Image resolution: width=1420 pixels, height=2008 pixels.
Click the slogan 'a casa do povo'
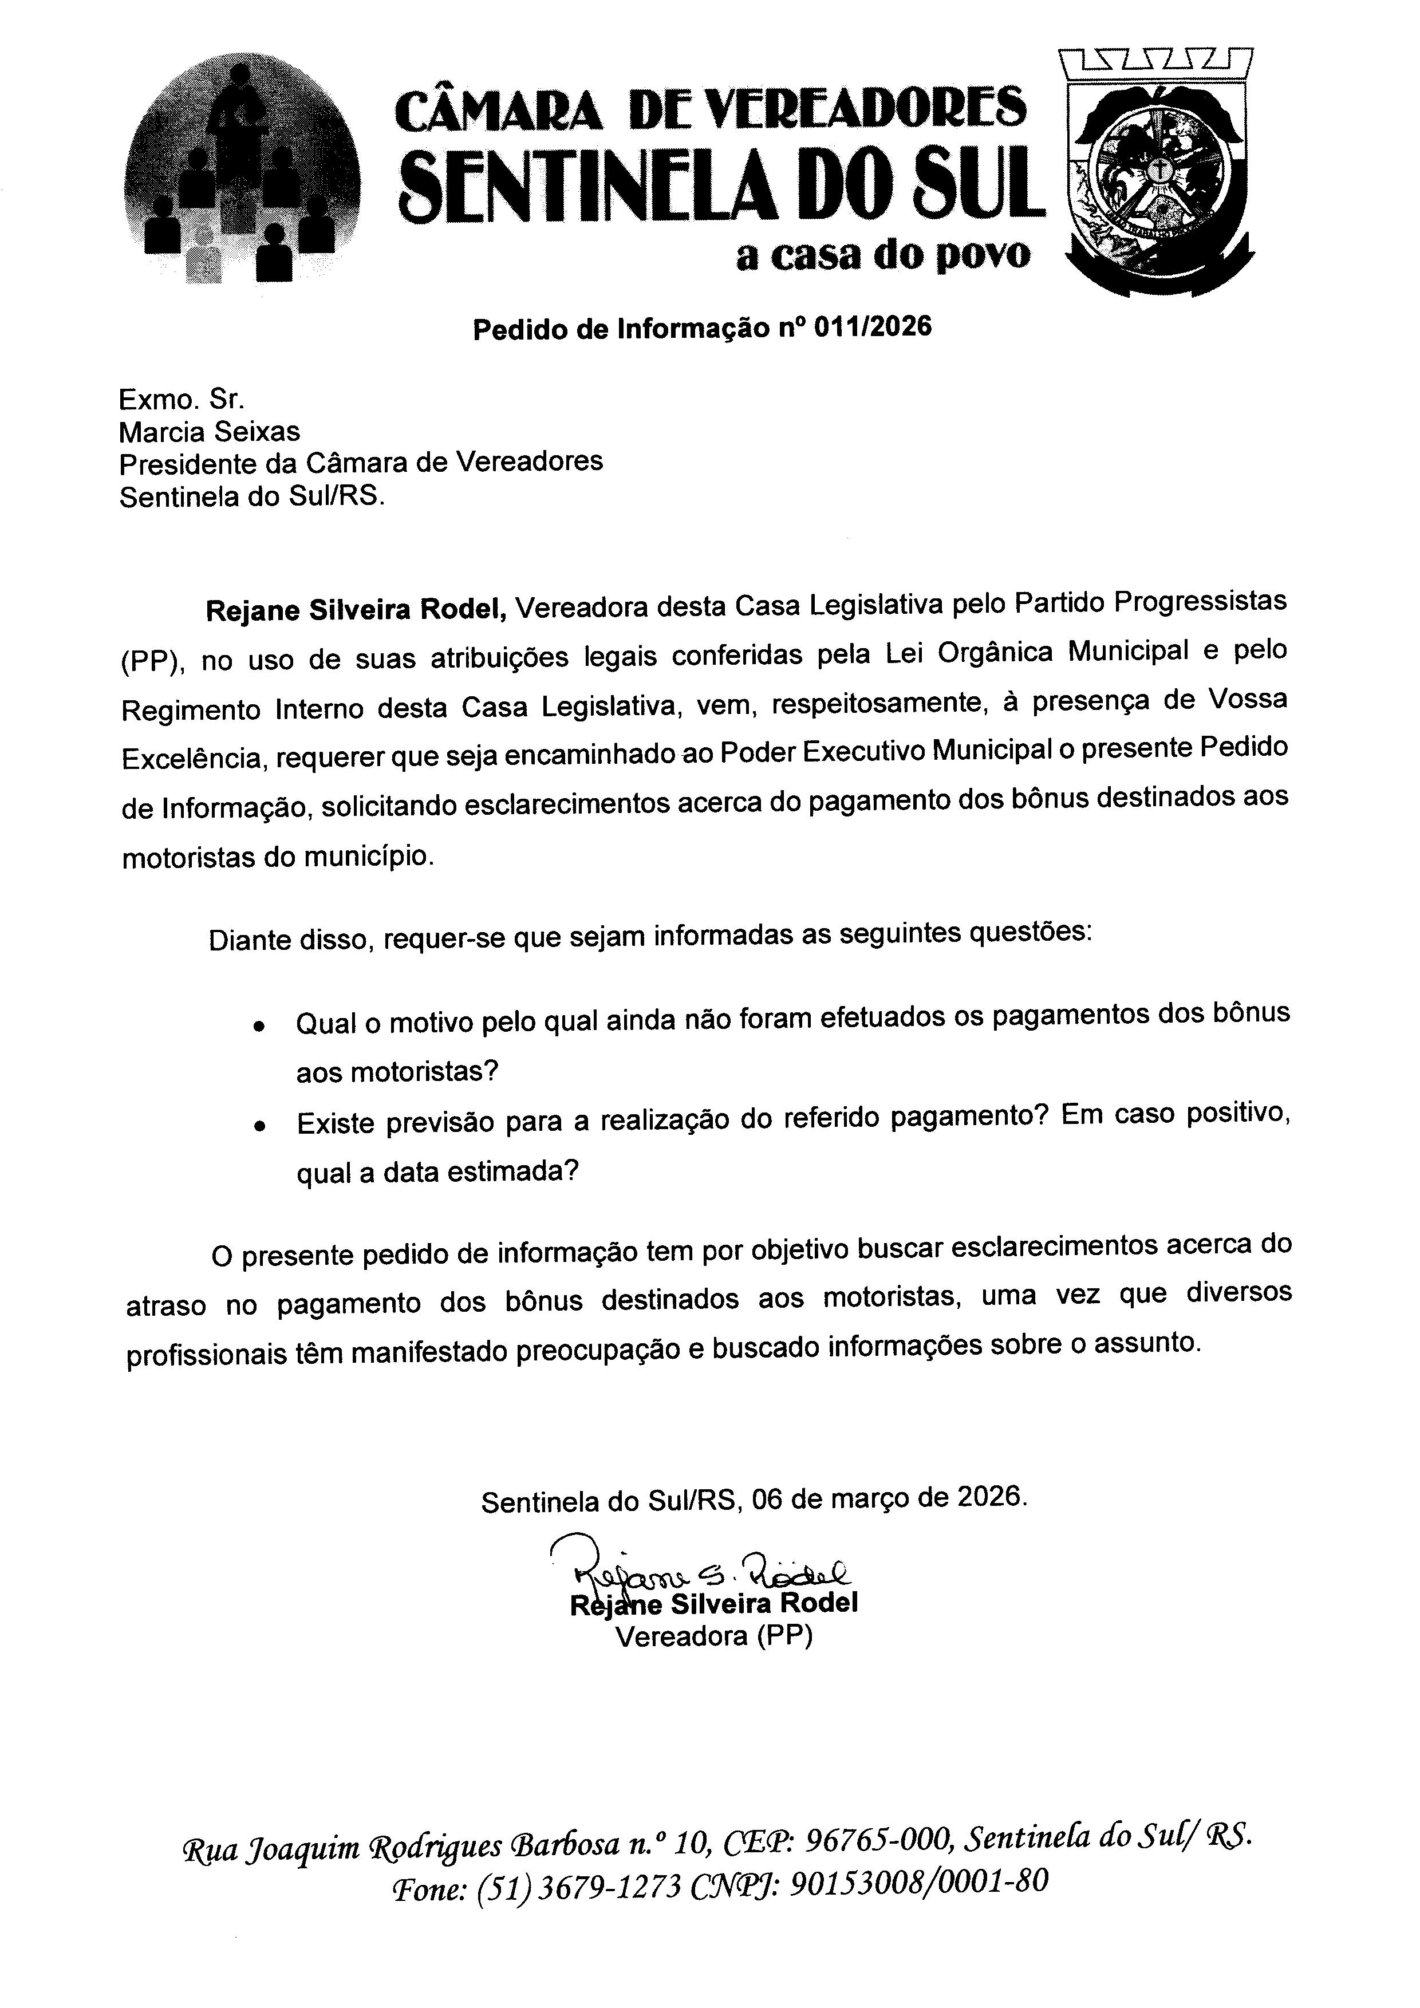[883, 255]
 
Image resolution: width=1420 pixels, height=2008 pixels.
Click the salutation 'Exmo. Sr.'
[182, 400]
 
